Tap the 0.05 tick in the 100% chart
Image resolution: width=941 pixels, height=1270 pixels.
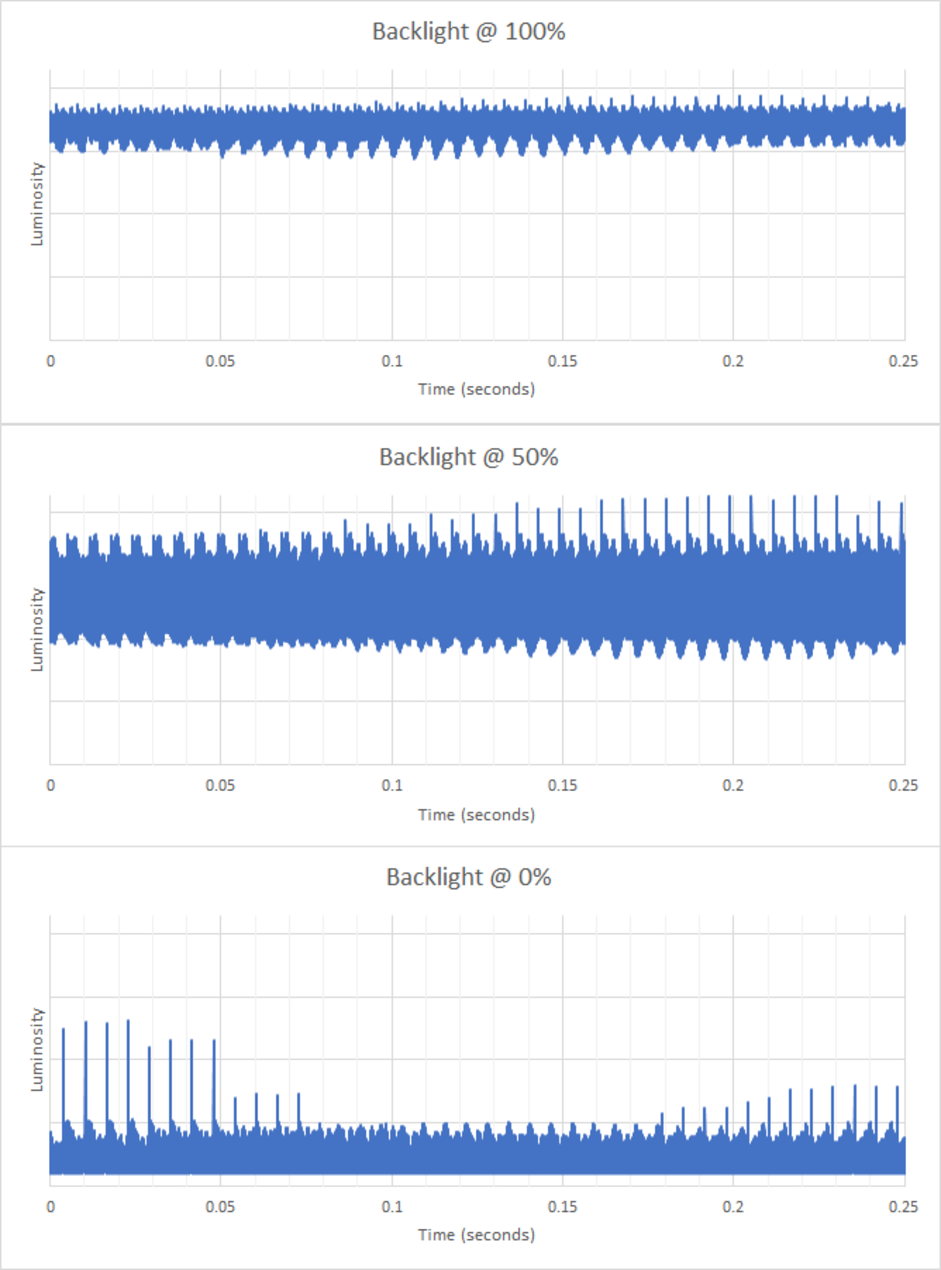coord(221,361)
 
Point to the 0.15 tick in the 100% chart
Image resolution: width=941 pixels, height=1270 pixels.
coord(562,361)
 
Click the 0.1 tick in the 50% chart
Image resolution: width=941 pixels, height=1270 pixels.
coord(392,785)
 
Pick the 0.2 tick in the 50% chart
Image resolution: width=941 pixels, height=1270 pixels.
coord(733,785)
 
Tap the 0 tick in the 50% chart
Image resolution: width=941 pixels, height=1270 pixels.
coord(51,785)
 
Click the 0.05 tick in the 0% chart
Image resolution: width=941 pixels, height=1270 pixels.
coord(221,1207)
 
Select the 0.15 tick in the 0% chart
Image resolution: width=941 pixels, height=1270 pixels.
coord(562,1207)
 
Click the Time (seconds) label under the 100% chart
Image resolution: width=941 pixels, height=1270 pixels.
coord(476,389)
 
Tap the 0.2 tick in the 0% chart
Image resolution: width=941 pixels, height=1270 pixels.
coord(733,1207)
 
